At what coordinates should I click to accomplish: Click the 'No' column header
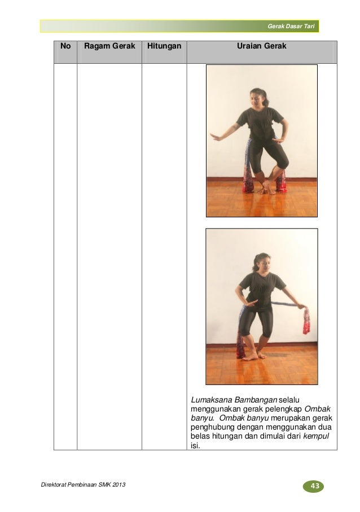point(65,46)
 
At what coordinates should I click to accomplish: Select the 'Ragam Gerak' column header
point(109,46)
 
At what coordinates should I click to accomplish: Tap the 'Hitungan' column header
point(164,46)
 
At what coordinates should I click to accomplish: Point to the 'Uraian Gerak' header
point(261,46)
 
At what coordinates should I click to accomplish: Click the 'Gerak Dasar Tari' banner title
point(291,27)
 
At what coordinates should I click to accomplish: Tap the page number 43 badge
point(315,486)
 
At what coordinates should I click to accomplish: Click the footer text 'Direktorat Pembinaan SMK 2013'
point(83,484)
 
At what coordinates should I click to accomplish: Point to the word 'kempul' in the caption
point(316,436)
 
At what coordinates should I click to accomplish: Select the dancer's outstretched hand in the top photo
point(216,137)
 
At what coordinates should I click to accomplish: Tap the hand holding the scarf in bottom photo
point(302,307)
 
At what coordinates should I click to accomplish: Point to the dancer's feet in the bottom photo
point(253,355)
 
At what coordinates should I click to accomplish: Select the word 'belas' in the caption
point(200,436)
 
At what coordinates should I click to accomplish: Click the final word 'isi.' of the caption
point(195,446)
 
